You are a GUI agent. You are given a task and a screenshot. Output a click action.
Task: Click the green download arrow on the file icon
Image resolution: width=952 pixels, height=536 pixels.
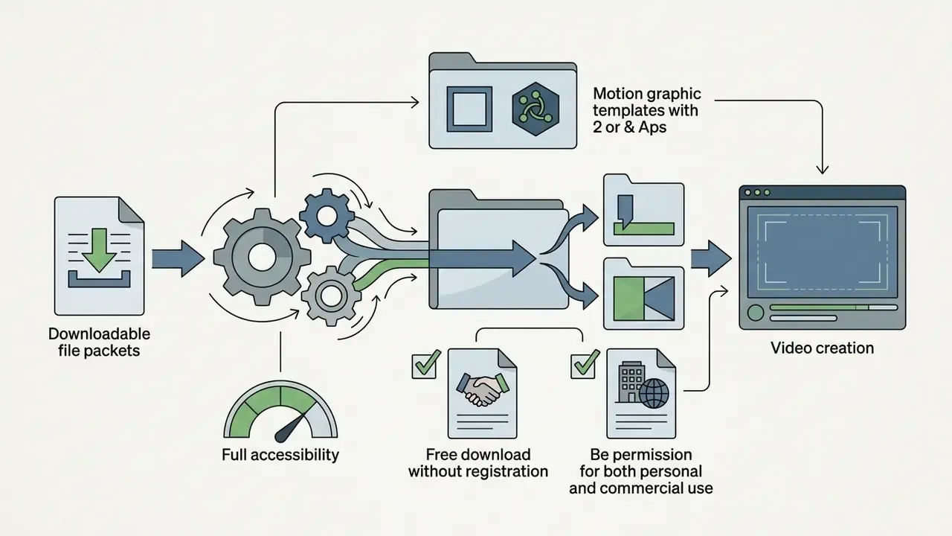pos(99,249)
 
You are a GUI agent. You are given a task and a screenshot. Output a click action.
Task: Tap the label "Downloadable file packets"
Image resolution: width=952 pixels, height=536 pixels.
pos(99,342)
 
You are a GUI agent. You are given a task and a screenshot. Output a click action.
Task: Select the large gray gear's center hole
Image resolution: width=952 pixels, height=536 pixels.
pos(262,257)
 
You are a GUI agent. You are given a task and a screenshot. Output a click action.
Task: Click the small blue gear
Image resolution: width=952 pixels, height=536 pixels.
pos(327,216)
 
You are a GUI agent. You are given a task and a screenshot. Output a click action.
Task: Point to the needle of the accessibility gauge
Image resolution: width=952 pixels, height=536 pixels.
pos(292,427)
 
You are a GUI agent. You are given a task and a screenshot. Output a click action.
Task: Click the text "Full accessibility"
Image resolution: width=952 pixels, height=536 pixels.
pos(280,455)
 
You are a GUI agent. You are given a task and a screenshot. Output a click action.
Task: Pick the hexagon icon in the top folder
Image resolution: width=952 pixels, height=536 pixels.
pos(535,109)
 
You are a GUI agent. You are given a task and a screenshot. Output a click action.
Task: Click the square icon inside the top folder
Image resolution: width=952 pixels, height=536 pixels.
pos(469,109)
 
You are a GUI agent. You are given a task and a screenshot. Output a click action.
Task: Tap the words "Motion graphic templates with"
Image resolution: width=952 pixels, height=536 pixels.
pos(647,102)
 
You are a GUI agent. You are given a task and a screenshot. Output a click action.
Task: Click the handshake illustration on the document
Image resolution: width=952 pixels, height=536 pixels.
pos(483,389)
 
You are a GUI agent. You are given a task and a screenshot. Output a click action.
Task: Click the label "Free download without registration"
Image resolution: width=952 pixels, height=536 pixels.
pos(478,463)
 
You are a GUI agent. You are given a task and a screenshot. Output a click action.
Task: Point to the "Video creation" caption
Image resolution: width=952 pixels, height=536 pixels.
pos(823,348)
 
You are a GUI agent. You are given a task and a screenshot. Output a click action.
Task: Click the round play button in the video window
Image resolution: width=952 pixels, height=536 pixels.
pos(756,313)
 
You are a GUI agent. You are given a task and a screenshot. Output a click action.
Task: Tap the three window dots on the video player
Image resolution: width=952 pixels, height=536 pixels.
pos(757,193)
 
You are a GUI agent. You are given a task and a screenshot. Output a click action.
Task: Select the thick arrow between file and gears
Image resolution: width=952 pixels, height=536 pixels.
pos(178,258)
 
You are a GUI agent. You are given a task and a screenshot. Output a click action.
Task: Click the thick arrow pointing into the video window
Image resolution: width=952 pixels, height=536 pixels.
pos(711,258)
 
